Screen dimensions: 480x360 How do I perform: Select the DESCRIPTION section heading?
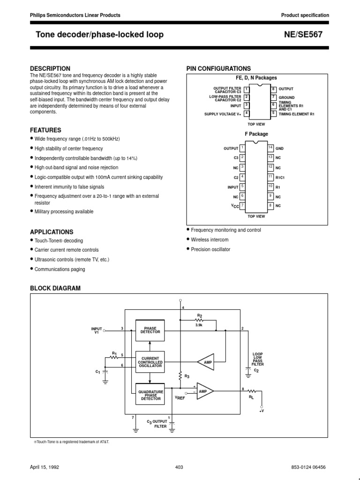[50, 68]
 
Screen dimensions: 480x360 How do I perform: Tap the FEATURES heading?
[45, 130]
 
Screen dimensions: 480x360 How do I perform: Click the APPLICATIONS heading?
[52, 232]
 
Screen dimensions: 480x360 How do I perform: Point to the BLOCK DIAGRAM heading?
[55, 288]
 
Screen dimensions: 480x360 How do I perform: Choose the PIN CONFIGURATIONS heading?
[218, 68]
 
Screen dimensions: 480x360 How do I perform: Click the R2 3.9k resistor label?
[200, 319]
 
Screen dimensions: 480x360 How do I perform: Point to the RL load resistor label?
[251, 397]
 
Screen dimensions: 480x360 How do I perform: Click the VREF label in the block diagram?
[180, 397]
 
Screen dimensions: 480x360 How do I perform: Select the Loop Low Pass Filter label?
[258, 359]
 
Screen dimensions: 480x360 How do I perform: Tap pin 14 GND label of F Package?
[279, 148]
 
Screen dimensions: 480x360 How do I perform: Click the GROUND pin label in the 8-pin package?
[286, 97]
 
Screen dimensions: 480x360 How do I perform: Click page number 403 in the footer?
[179, 467]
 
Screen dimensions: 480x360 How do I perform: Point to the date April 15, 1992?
[45, 467]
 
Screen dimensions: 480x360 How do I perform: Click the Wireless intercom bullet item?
[210, 240]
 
